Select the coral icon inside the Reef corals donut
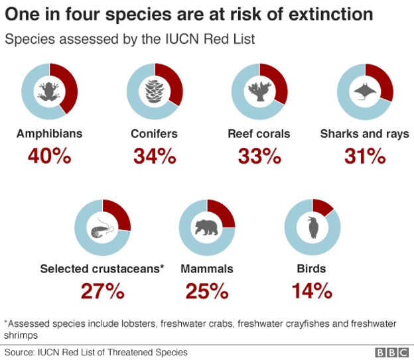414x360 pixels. tap(259, 90)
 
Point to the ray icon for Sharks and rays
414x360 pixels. tap(365, 90)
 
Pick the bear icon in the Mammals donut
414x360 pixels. tap(207, 227)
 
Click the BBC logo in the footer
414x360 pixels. tap(391, 353)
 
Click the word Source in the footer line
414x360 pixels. tap(19, 353)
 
